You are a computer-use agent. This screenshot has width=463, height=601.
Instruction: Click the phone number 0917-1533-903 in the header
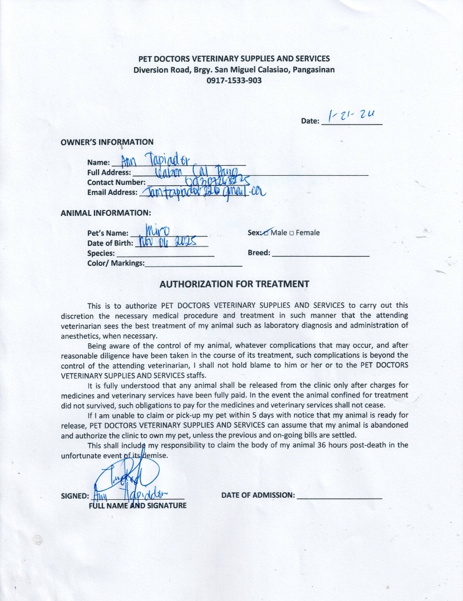[x=234, y=80]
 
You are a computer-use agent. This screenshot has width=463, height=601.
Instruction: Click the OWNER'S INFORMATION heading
[x=107, y=142]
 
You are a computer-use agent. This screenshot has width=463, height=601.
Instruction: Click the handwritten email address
[x=203, y=193]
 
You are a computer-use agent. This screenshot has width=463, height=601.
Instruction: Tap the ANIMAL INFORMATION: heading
[x=105, y=213]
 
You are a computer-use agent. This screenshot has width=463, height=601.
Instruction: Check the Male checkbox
[x=266, y=233]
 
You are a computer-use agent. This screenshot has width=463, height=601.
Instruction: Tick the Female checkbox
[x=292, y=233]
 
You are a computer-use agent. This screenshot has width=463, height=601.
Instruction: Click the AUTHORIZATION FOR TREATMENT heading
[x=234, y=284]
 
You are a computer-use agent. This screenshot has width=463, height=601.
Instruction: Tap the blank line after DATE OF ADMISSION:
[x=339, y=495]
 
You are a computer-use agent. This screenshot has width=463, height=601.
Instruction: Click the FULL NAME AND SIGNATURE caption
[x=137, y=505]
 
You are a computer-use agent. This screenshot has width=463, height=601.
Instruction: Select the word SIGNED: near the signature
[x=75, y=496]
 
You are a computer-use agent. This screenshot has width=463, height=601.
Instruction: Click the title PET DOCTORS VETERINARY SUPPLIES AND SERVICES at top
[x=234, y=58]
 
